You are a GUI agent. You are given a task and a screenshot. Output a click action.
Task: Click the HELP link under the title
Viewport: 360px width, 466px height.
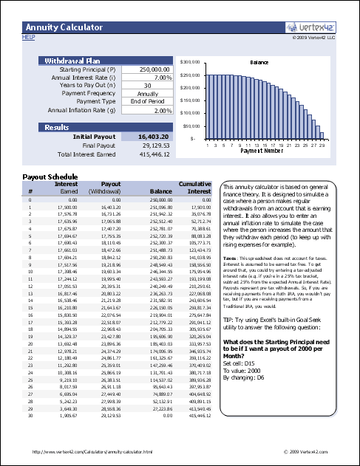pos(29,35)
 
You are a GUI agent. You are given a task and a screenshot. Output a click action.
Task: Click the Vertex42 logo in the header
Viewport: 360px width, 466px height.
pos(311,27)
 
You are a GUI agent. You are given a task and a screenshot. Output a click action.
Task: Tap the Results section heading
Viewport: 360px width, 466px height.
pos(57,127)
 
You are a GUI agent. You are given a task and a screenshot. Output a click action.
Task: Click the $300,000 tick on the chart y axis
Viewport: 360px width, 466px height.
pos(191,62)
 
